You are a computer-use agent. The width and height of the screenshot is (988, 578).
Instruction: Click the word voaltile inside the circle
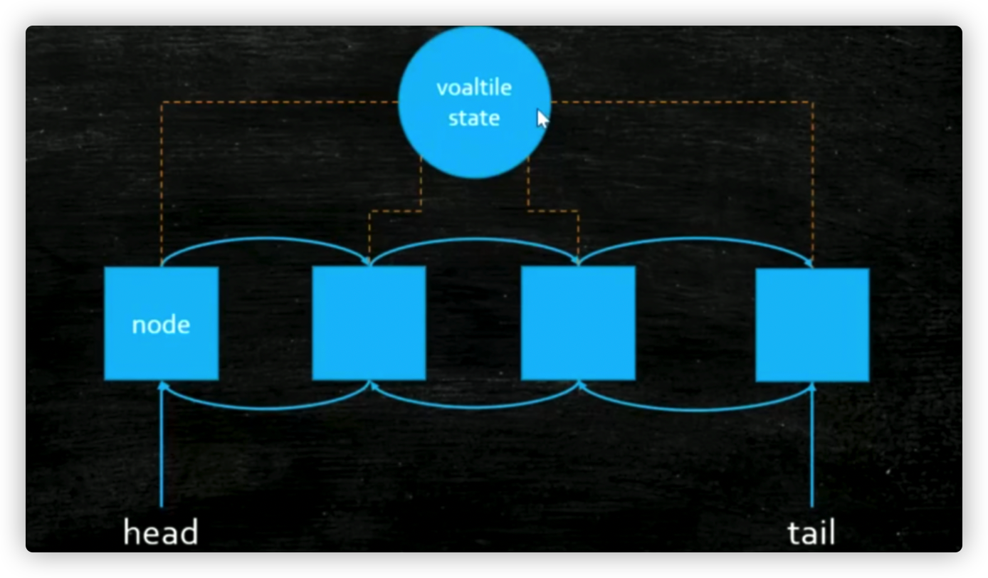click(473, 88)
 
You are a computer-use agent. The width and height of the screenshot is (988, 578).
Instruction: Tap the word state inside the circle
click(473, 117)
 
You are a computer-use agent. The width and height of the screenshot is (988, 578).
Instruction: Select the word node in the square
click(161, 325)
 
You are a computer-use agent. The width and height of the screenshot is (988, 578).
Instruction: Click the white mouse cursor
click(542, 119)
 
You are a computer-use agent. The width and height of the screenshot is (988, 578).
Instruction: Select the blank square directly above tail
click(812, 325)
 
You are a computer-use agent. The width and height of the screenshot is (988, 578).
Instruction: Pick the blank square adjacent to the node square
click(369, 323)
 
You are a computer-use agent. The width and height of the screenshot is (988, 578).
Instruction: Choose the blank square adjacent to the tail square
click(578, 323)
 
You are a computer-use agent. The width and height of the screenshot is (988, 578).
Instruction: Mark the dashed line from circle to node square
click(162, 178)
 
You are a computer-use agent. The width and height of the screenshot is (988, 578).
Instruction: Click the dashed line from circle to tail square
click(812, 178)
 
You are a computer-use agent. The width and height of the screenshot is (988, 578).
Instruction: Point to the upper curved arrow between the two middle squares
click(473, 239)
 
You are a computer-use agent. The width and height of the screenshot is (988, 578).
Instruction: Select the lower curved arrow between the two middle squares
click(473, 408)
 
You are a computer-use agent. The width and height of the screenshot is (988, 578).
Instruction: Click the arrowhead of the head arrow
click(162, 386)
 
